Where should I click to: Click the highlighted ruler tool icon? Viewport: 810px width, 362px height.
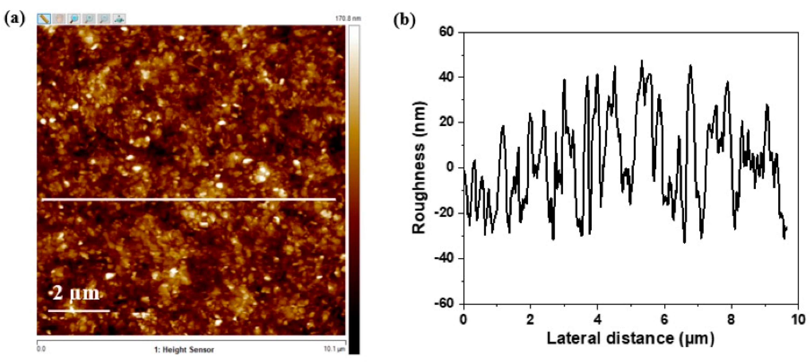44,19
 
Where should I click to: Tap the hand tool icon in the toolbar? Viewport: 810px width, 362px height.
59,19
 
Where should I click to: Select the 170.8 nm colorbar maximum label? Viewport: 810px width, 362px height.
348,19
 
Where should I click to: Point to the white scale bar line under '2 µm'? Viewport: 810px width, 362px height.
79,311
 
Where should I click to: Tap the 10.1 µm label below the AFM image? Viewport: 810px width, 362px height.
334,349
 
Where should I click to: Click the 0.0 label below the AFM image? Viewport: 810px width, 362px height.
41,349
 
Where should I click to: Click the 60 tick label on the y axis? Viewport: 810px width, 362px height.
446,32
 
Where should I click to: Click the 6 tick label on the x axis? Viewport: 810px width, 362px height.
664,320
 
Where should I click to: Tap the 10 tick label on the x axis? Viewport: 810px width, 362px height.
798,320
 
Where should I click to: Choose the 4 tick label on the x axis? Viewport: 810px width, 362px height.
597,320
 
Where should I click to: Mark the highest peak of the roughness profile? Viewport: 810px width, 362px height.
642,60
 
